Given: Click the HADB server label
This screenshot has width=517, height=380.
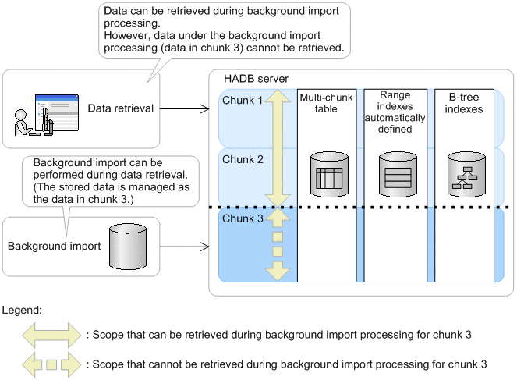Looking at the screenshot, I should pyautogui.click(x=255, y=80).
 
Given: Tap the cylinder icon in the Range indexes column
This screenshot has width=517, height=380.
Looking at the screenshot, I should pyautogui.click(x=395, y=175).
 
